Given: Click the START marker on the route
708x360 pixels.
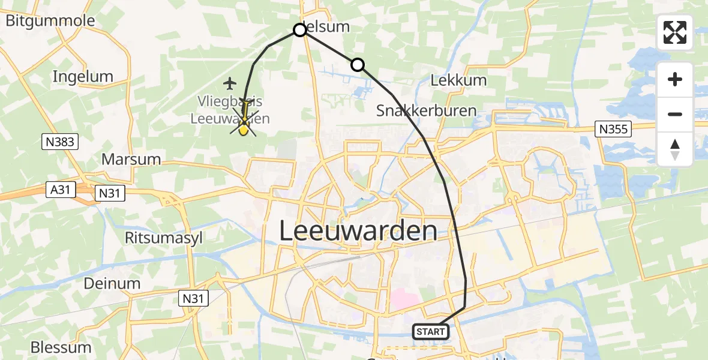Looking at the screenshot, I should tap(430, 331).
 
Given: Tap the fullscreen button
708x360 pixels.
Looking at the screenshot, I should tap(675, 32).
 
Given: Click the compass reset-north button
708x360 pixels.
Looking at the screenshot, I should tap(675, 150).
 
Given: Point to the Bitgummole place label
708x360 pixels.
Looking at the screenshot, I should tap(50, 21).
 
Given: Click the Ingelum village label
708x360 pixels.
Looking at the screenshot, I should tap(83, 76).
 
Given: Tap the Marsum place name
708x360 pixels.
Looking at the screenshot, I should tap(131, 159).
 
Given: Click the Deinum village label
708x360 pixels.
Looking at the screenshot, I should tap(112, 283).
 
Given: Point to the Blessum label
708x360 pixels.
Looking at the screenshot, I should tap(61, 347).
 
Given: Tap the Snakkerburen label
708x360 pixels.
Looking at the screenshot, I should tap(426, 110).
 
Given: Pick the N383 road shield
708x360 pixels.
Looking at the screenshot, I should tap(61, 142).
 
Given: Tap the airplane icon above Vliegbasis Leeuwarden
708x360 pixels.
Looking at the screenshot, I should tap(230, 82).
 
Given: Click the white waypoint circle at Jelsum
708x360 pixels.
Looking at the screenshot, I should tap(300, 30).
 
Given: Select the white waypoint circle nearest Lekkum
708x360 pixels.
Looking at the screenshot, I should tap(357, 64).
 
